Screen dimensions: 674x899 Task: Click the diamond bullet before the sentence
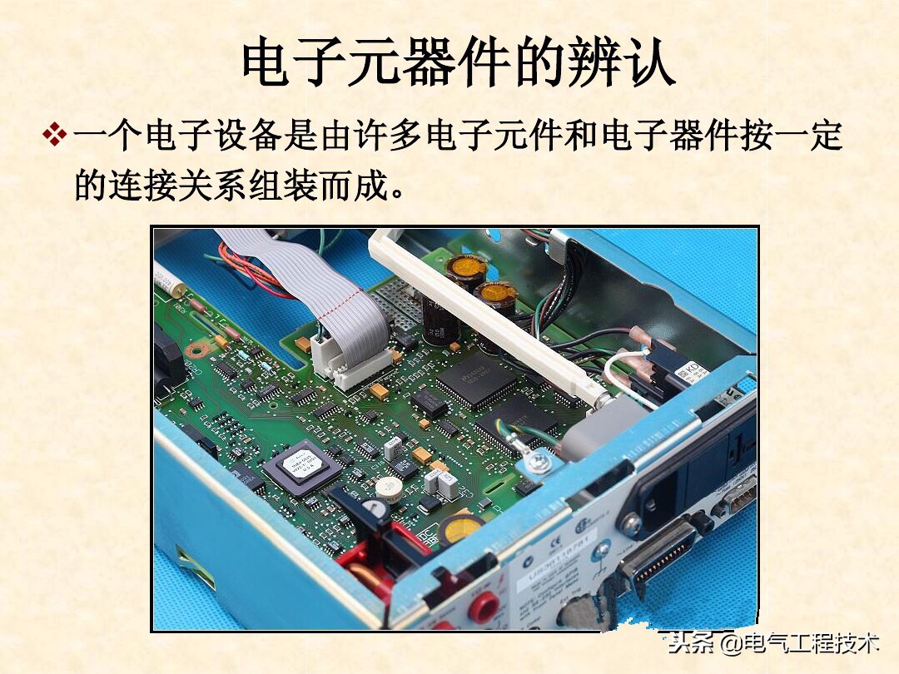coord(54,134)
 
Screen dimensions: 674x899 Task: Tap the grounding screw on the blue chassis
coord(539,459)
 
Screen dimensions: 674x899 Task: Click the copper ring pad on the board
coord(197,348)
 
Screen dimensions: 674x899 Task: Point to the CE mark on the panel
coord(587,525)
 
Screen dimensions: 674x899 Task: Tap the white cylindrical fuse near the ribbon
coord(170,279)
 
